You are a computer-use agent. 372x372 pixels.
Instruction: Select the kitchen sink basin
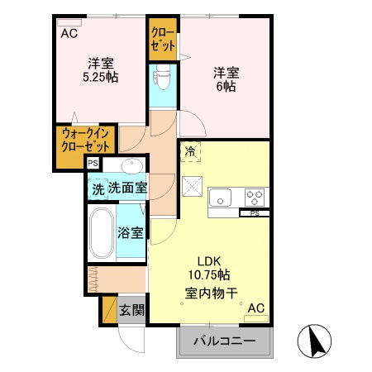pyautogui.click(x=222, y=197)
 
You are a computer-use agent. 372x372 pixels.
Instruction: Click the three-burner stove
pyautogui.click(x=255, y=197)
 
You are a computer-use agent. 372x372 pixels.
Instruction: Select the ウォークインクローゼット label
pyautogui.click(x=86, y=141)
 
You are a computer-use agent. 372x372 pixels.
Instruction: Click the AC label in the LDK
pyautogui.click(x=255, y=308)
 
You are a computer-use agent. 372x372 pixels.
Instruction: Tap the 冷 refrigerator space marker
pyautogui.click(x=191, y=151)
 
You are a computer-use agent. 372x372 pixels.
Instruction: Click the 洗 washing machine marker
pyautogui.click(x=98, y=188)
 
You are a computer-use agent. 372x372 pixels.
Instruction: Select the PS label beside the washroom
pyautogui.click(x=93, y=164)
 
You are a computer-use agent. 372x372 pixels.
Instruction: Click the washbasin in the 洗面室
pyautogui.click(x=131, y=164)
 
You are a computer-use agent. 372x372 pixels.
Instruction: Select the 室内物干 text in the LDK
pyautogui.click(x=212, y=292)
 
